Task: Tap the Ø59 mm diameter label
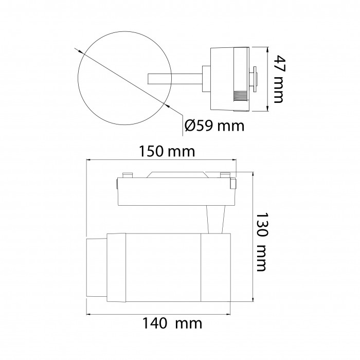pos(214,125)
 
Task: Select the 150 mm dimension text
pos(167,151)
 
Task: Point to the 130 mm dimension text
pos(262,242)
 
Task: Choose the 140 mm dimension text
pos(172,323)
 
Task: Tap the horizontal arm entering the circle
pos(175,79)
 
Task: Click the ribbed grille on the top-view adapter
pos(240,96)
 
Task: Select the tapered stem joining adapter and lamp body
pos(215,220)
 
